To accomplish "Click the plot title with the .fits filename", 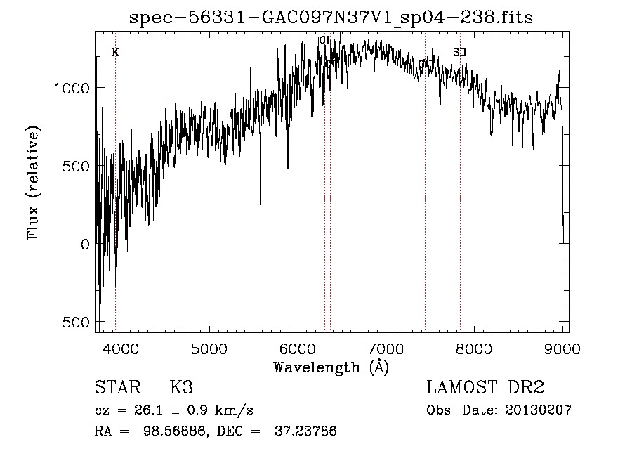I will coord(331,18).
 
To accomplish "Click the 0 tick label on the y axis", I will coord(84,245).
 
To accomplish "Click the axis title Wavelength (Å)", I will coord(331,367).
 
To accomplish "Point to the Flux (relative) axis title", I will coord(34,183).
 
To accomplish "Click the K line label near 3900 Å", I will coord(115,52).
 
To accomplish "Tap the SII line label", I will coord(460,52).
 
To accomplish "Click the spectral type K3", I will coord(180,388).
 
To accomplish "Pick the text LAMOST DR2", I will coord(485,388).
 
